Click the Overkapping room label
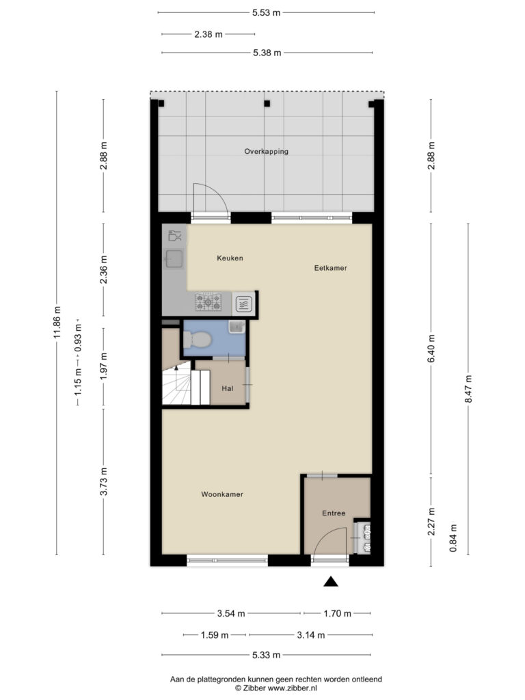[x=266, y=152]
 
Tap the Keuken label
[x=230, y=258]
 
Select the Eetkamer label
[x=330, y=268]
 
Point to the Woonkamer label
[x=222, y=494]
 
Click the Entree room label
[x=334, y=513]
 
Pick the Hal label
[x=227, y=388]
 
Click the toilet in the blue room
[x=197, y=339]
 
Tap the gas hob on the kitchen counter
[x=208, y=301]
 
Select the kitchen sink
[x=174, y=259]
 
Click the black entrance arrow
[x=330, y=581]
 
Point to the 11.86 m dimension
[x=57, y=323]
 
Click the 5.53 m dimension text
[x=266, y=12]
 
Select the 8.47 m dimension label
[x=468, y=388]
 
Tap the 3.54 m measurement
[x=231, y=613]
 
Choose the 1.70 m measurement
[x=337, y=613]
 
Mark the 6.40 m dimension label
[x=431, y=349]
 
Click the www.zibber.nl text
[x=293, y=688]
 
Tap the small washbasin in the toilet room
[x=237, y=326]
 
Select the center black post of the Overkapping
[x=267, y=104]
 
